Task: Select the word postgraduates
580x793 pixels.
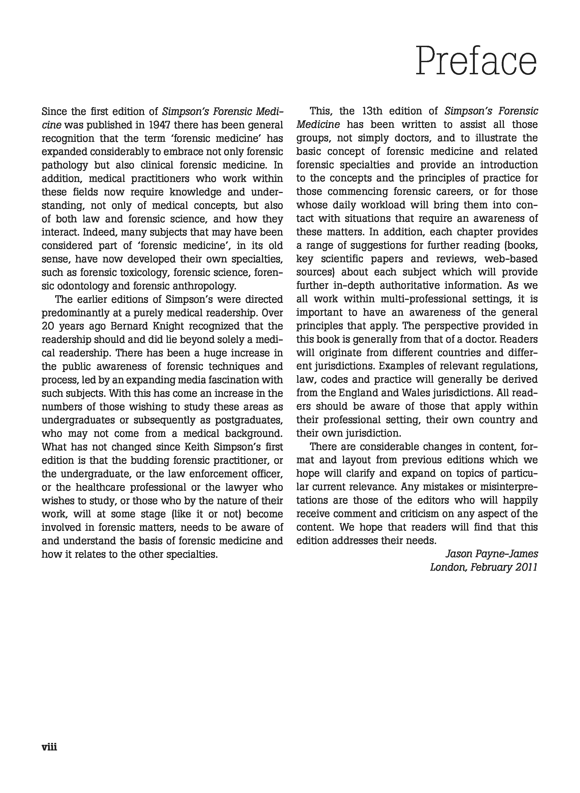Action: pos(249,420)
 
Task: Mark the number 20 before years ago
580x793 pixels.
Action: pos(47,326)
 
